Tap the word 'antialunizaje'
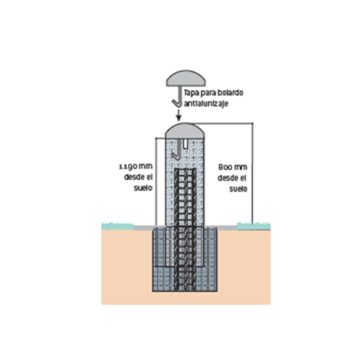coord(206,104)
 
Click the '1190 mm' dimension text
coord(136,166)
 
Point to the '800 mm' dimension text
coord(233,167)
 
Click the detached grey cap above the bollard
coord(186,78)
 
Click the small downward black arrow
coord(178,115)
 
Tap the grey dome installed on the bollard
coord(185,131)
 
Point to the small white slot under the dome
coord(185,143)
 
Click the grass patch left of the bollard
coord(118,226)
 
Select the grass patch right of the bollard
coord(254,226)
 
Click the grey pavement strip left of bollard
coord(144,228)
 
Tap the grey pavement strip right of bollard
coord(227,228)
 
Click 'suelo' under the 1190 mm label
coord(143,188)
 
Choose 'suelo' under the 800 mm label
coord(238,189)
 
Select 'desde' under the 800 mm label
coord(226,178)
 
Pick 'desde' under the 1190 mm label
coord(133,177)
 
